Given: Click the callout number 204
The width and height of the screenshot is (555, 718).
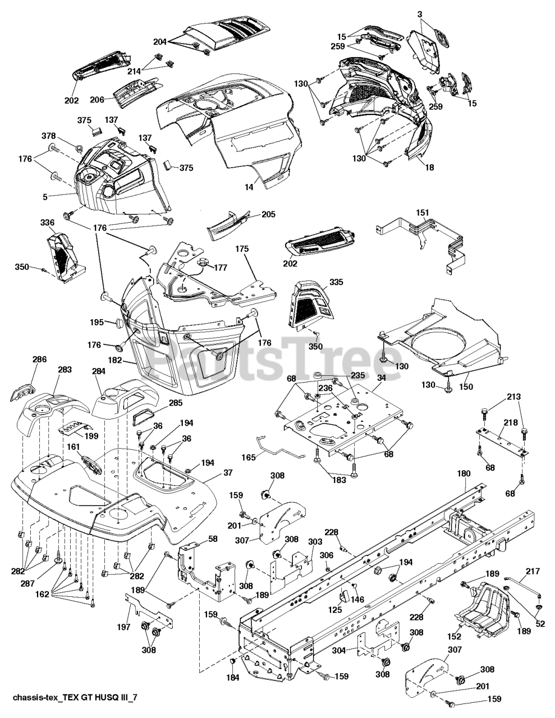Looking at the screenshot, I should point(160,41).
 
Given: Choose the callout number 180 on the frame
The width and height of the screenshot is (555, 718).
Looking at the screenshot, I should point(464,473).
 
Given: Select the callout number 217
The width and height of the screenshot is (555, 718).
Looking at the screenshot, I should point(533,571).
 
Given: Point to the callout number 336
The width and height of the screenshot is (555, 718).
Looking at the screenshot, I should point(47,223).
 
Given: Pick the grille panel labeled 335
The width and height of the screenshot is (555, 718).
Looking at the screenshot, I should point(306,305).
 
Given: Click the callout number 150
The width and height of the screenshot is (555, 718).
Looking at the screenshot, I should point(466,386).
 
